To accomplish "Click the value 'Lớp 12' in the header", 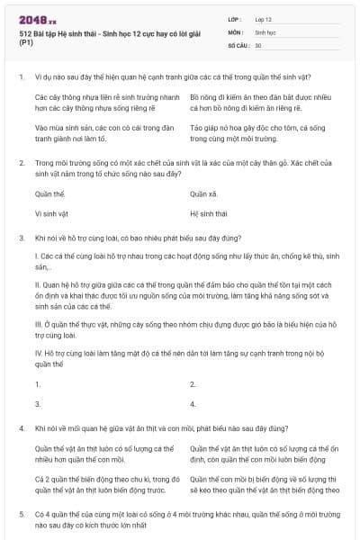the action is tap(265, 19).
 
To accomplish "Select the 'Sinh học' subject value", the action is tap(266, 31).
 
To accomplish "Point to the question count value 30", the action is tap(258, 44).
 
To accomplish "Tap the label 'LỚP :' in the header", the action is tap(236, 19).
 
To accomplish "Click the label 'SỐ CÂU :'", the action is tap(238, 44).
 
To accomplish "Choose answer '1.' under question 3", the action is tap(38, 383).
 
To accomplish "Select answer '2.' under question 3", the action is tap(193, 383).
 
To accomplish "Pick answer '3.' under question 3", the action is tap(38, 404).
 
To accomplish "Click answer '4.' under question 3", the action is tap(193, 404).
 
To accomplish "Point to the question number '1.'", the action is tap(21, 77).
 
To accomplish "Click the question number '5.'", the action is tap(21, 512).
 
